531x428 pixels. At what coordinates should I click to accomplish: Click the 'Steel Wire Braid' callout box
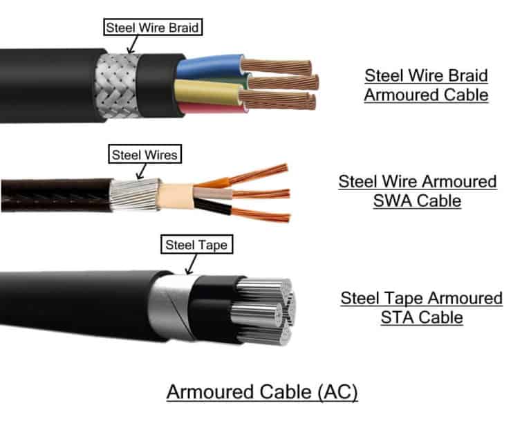click(x=153, y=28)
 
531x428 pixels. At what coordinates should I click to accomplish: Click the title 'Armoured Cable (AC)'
click(x=262, y=392)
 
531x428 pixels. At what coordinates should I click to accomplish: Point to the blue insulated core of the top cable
click(x=207, y=68)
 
